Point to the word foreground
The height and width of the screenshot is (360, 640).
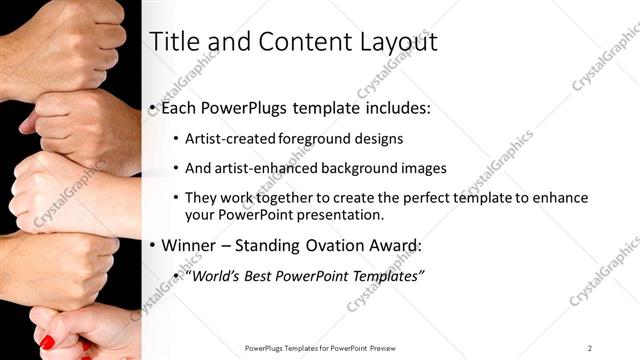(x=303, y=139)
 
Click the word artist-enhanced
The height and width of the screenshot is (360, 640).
(x=267, y=168)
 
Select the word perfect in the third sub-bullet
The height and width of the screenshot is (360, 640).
(x=432, y=198)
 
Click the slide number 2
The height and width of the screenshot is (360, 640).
(x=590, y=347)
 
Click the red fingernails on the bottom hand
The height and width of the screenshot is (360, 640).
(x=47, y=343)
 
